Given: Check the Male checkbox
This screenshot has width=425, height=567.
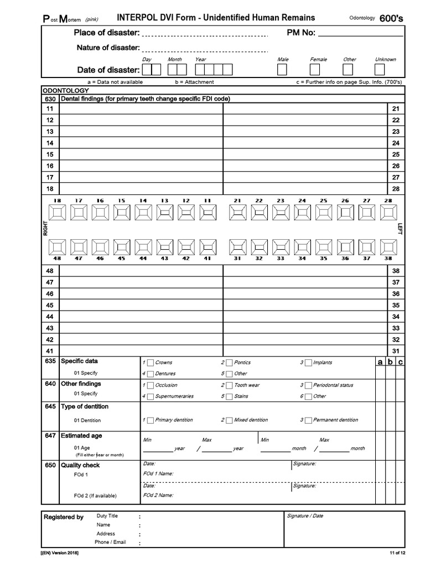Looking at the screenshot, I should coord(282,70).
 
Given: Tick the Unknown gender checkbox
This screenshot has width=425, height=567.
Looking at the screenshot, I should coord(380,70).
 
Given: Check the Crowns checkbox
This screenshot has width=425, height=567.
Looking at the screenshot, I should coord(151,363).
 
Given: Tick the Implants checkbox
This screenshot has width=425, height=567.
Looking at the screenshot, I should coord(308,363).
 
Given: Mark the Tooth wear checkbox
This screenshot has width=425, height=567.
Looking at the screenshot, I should coord(230,385).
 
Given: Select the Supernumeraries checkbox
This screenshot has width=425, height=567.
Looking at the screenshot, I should coord(151,396).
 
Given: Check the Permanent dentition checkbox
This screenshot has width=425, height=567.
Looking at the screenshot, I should coord(308,420).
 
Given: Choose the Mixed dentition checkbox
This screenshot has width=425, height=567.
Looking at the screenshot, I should coord(230,420).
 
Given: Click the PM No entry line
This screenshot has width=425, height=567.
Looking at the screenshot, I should coord(360,33).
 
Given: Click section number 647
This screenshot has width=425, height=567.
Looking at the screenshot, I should coord(50,436).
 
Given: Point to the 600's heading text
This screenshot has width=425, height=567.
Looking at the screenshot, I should coord(391,18).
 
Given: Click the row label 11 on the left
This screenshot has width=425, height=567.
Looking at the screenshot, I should coord(50,109).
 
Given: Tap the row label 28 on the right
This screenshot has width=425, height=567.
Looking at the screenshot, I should coord(395,189).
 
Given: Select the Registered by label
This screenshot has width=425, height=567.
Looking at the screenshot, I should coord(63,517).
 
